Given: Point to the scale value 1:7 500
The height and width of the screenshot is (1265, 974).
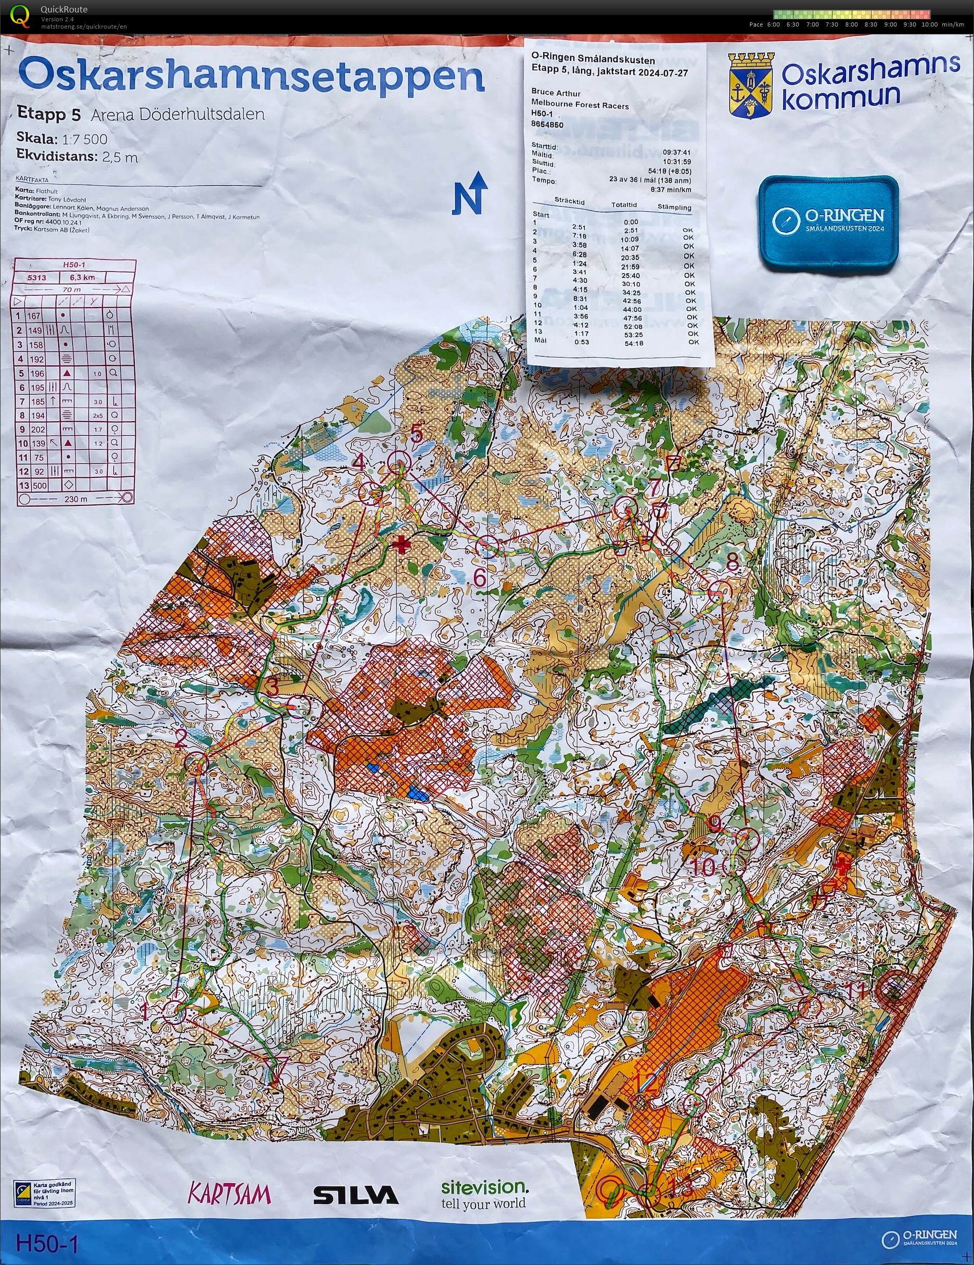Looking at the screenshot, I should [x=85, y=138].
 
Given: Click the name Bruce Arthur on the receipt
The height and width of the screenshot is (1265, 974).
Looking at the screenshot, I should [x=555, y=93].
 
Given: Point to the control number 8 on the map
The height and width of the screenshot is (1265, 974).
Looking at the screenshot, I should [x=733, y=561].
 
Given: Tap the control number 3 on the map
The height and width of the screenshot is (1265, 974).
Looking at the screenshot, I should [x=272, y=688].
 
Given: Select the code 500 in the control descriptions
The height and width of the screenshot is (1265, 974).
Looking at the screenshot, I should [x=39, y=485].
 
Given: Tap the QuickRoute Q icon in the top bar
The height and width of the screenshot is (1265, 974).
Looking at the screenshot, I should [x=19, y=16].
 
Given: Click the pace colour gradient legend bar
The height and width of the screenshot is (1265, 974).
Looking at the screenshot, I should [x=851, y=15].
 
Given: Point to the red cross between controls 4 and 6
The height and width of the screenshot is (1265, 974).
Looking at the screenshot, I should [x=400, y=545].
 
